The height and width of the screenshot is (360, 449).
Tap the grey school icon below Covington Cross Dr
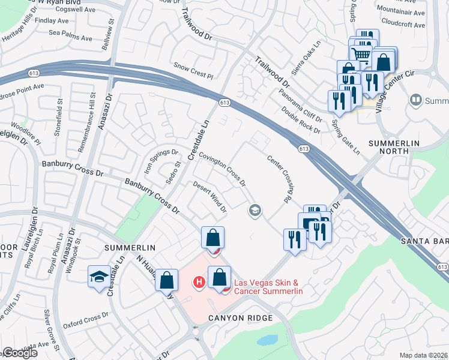[x=255, y=210]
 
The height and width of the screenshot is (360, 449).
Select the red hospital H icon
[x=199, y=281]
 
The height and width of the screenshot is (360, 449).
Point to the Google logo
[x=20, y=353]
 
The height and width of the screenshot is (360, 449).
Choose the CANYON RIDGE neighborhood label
[x=241, y=317]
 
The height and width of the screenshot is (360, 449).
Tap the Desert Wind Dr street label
[x=209, y=197]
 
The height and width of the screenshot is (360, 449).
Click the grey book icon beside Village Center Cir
[x=415, y=99]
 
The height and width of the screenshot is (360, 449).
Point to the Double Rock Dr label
[x=300, y=120]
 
